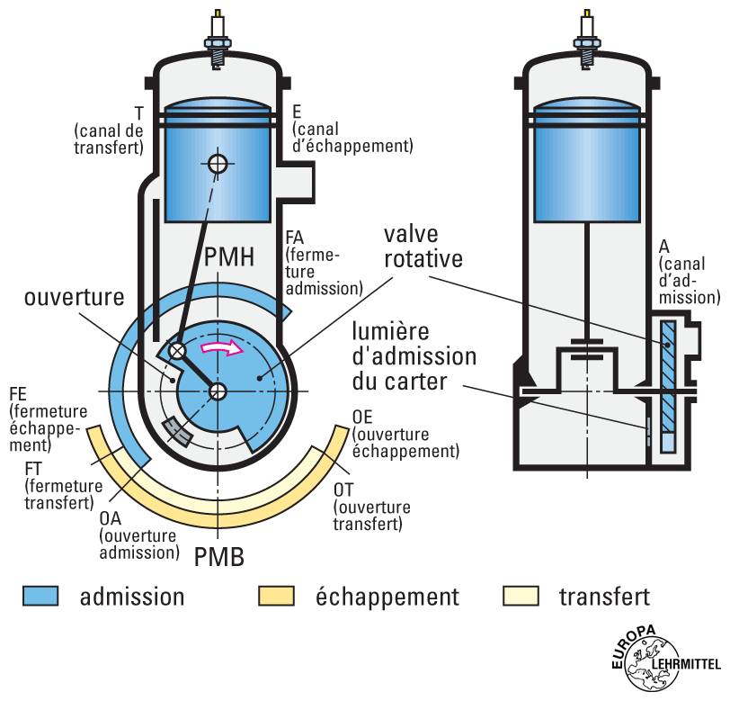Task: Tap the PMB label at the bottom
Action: pos(218,555)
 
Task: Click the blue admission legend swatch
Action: pos(40,596)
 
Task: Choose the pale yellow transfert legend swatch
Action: pos(520,596)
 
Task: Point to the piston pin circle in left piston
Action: pos(217,164)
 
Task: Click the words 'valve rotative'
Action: pos(423,247)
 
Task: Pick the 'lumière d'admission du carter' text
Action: pos(414,356)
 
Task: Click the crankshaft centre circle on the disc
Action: pos(218,391)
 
